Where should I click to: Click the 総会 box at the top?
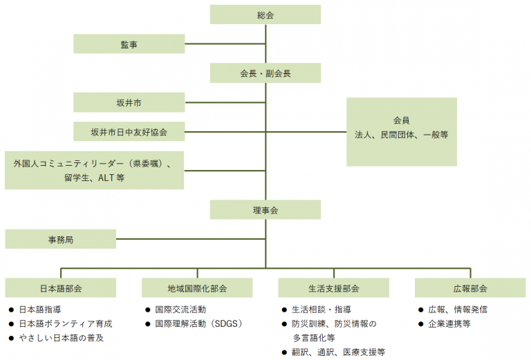[x=265, y=15]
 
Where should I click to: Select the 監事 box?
[x=129, y=44]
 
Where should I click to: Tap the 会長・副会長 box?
[x=265, y=73]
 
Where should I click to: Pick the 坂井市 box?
[x=129, y=102]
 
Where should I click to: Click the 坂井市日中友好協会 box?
[x=129, y=131]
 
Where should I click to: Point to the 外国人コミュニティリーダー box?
[x=94, y=170]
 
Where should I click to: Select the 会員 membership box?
[x=401, y=131]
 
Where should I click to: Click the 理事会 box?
[x=265, y=209]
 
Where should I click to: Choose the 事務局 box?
[x=61, y=239]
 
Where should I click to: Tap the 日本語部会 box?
[x=61, y=288]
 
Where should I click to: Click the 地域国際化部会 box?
[x=197, y=288]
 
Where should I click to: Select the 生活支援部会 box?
[x=333, y=288]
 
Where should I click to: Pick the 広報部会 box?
[x=470, y=288]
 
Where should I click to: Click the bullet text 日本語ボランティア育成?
[x=65, y=323]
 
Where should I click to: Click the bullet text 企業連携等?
[x=449, y=323]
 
